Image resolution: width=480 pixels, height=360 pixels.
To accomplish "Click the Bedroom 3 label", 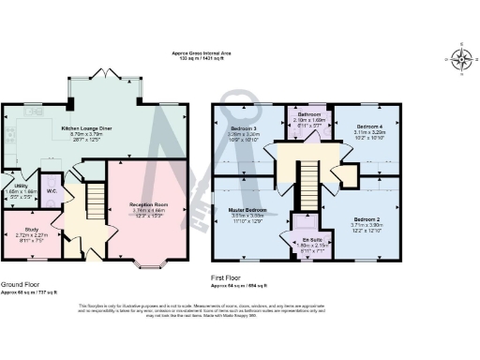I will (243, 127).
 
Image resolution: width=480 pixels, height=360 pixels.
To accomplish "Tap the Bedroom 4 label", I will (369, 126).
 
